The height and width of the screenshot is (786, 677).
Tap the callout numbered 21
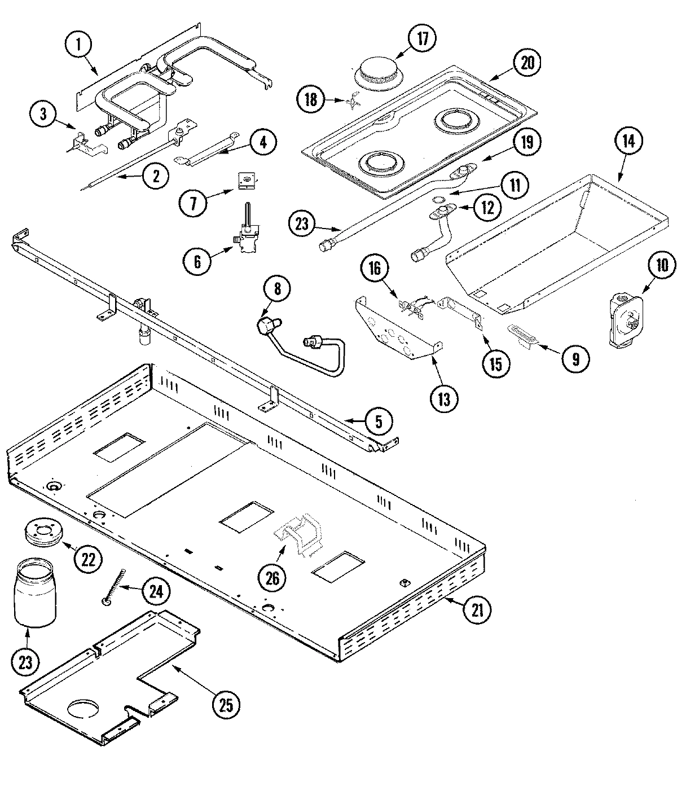(477, 609)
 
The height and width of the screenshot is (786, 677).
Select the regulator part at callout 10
(625, 309)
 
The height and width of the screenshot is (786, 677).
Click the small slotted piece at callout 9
(523, 335)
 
